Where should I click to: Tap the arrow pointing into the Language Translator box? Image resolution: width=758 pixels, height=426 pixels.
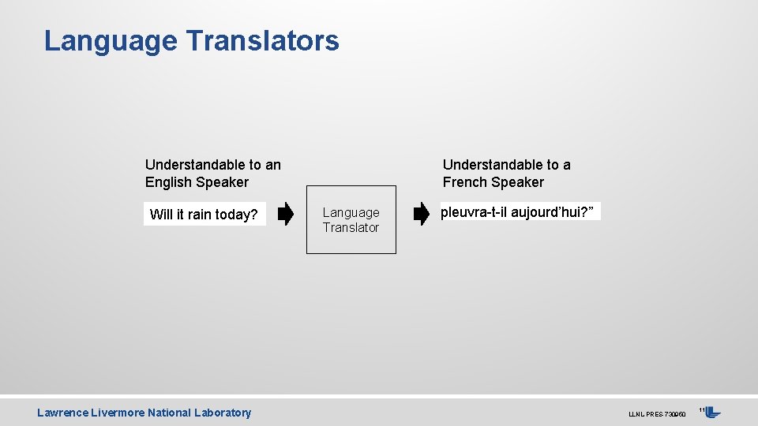pyautogui.click(x=286, y=214)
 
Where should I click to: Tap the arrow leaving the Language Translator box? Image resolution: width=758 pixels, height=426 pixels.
pyautogui.click(x=422, y=214)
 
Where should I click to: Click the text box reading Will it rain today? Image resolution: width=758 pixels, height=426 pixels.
pyautogui.click(x=205, y=215)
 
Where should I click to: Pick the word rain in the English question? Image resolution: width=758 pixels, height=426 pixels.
pyautogui.click(x=200, y=215)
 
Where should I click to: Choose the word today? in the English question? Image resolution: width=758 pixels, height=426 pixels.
pyautogui.click(x=236, y=215)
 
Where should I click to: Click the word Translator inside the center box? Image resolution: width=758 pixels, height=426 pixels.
pyautogui.click(x=351, y=227)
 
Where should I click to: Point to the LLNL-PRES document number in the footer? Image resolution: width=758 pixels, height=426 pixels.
pyautogui.click(x=655, y=414)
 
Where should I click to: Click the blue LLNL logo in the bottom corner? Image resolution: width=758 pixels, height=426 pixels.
pyautogui.click(x=713, y=413)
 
